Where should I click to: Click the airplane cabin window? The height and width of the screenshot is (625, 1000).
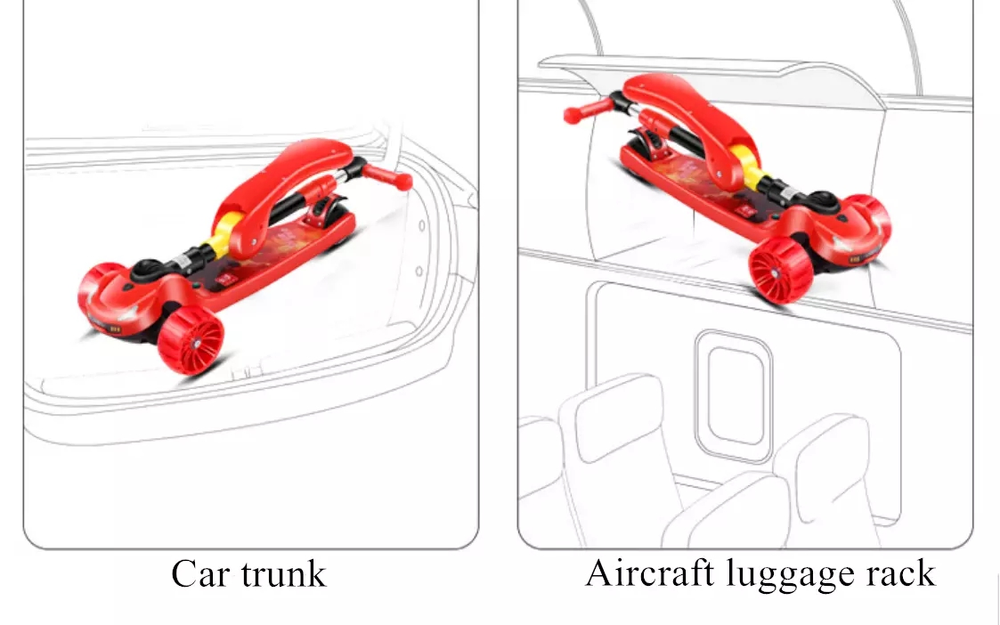point(734,395)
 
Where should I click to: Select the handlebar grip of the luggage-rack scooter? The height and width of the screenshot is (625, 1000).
point(588,111)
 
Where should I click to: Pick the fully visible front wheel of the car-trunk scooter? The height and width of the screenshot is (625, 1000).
point(191,339)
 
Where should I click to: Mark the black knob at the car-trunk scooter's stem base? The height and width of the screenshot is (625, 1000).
point(147,269)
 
